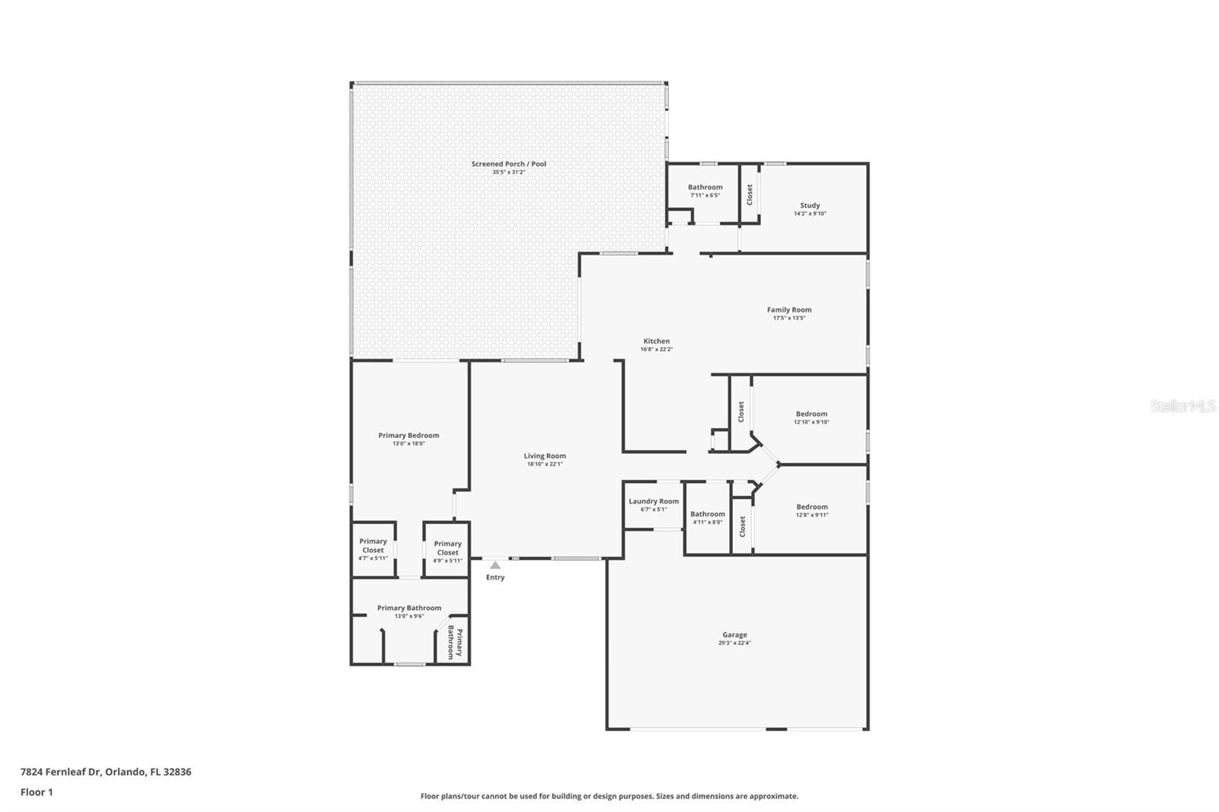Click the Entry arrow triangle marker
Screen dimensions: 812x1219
[x=495, y=565]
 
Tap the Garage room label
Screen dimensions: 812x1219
[x=734, y=635]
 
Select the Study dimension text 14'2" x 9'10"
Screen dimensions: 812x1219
[x=810, y=214]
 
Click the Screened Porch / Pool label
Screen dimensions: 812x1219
[x=508, y=164]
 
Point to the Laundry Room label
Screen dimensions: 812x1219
[x=654, y=501]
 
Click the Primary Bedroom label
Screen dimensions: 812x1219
[x=408, y=436]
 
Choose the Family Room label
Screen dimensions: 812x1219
[x=789, y=310]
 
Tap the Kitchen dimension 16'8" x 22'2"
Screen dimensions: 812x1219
[x=656, y=350]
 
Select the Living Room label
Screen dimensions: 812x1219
[x=545, y=456]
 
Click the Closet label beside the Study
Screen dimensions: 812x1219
[x=750, y=194]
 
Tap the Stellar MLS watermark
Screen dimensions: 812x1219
[x=1182, y=407]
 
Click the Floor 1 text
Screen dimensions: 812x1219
[x=37, y=792]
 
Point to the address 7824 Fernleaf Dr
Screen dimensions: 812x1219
[x=106, y=772]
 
